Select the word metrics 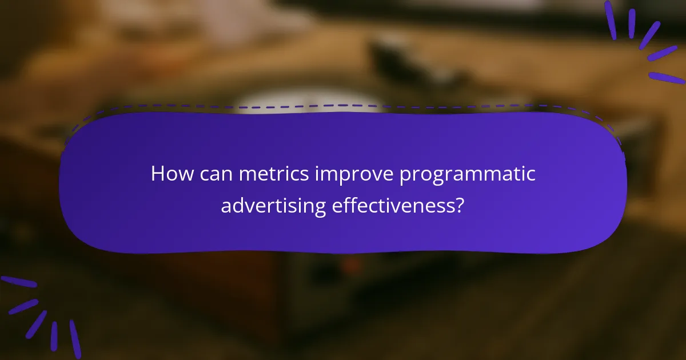pyautogui.click(x=274, y=174)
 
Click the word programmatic pyautogui.click(x=467, y=175)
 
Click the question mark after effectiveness pyautogui.click(x=459, y=205)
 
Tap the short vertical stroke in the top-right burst pyautogui.click(x=632, y=23)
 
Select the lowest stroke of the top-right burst pyautogui.click(x=666, y=78)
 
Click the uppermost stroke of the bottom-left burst pyautogui.click(x=18, y=282)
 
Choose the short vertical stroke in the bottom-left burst pyautogui.click(x=54, y=335)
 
